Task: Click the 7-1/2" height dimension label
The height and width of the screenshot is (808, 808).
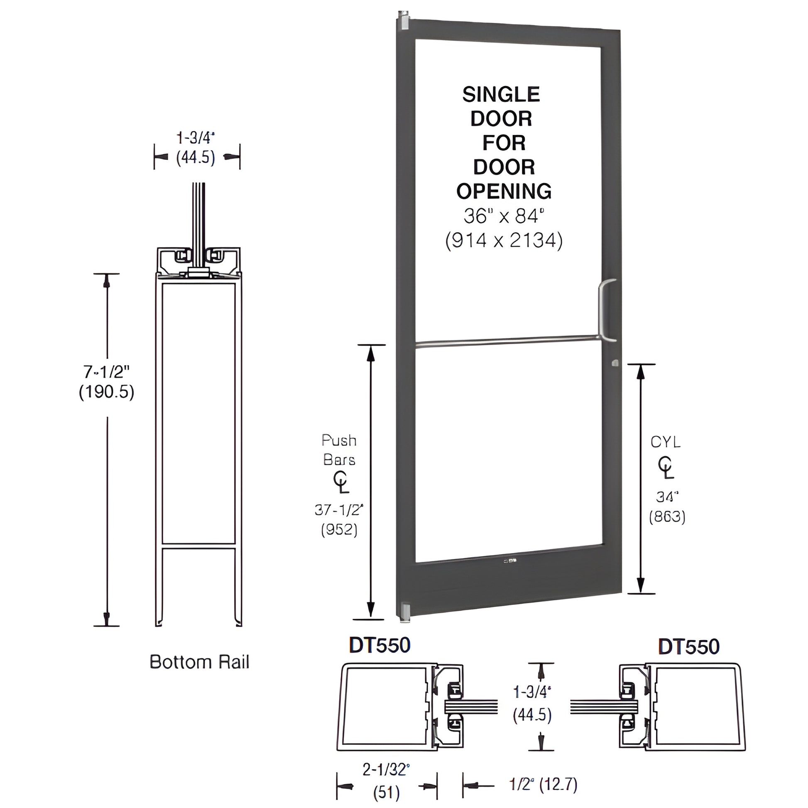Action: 106,371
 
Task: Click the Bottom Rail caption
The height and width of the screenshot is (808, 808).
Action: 199,662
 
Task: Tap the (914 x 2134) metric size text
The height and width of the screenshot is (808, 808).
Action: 504,240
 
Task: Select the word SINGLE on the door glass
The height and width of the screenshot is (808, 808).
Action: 501,95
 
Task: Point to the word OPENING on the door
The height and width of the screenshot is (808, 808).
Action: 504,191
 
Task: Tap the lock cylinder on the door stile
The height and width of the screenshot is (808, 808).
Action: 615,362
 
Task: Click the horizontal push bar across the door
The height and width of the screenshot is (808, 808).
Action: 506,341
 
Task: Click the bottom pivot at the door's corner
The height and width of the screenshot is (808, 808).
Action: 404,613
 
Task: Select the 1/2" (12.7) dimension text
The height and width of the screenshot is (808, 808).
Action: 543,785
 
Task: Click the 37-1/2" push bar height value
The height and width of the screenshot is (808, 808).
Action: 339,510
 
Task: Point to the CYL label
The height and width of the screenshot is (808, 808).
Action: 666,442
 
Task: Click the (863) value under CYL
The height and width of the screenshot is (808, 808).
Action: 667,517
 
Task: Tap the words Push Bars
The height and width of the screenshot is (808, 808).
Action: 339,450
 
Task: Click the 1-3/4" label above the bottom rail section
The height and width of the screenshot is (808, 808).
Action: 195,137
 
